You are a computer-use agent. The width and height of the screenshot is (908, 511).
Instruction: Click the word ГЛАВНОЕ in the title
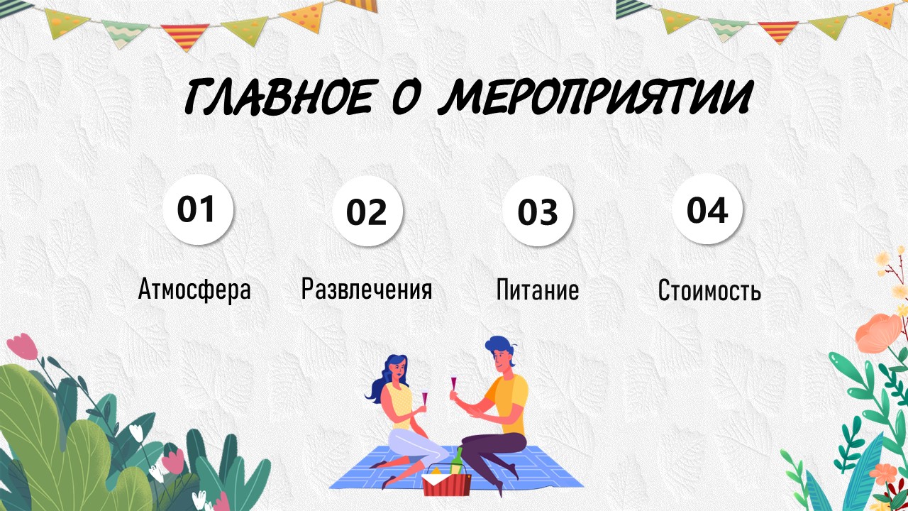click(278, 97)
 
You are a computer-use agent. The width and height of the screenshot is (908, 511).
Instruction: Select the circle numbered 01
click(198, 209)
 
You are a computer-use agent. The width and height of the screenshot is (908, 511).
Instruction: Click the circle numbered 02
click(367, 211)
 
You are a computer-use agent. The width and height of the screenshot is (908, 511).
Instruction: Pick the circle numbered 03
click(538, 211)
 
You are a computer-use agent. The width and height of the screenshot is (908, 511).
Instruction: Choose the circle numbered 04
click(707, 209)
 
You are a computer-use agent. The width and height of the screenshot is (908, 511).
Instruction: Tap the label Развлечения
click(367, 289)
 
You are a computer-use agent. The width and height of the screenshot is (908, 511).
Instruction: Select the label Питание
click(538, 290)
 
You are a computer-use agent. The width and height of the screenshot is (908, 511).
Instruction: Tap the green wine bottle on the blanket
click(458, 461)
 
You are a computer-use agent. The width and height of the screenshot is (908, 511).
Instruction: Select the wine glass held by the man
click(453, 385)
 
